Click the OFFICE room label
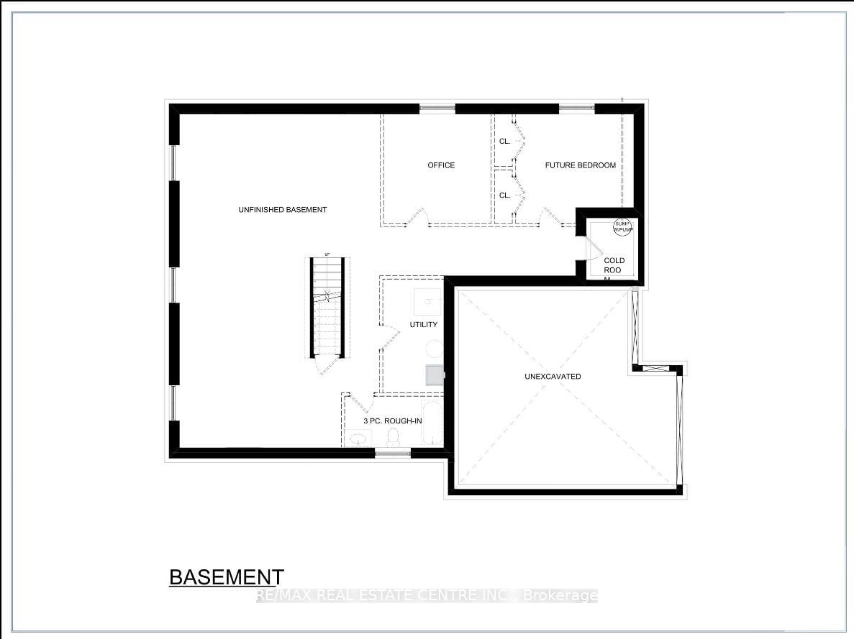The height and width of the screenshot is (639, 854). (441, 165)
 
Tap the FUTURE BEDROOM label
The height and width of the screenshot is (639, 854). (580, 165)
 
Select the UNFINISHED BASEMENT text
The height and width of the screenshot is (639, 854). (283, 210)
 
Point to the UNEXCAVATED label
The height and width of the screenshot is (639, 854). (553, 377)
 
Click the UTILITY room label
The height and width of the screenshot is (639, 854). (423, 325)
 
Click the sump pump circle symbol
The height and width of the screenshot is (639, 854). (622, 226)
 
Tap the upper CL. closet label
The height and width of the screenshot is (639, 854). (505, 142)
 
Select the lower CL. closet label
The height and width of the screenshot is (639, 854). (505, 196)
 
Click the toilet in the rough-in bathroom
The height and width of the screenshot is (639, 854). (393, 437)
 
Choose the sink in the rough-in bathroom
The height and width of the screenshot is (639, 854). (357, 438)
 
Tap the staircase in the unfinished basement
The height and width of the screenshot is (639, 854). (328, 308)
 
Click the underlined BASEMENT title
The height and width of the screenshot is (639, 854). (226, 577)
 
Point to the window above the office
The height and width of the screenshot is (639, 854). (437, 109)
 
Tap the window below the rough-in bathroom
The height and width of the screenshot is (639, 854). (392, 453)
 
